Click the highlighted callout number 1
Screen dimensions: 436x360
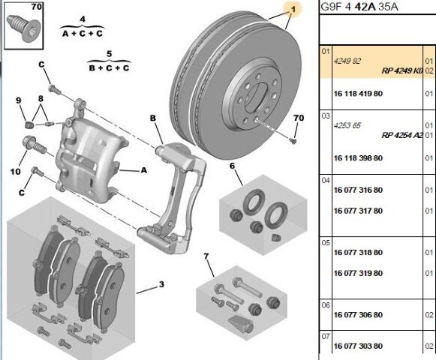[293, 10]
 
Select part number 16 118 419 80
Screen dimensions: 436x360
[358, 94]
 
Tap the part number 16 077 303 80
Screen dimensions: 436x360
[358, 346]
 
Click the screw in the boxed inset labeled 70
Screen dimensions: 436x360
[23, 28]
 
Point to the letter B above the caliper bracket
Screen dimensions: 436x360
[152, 118]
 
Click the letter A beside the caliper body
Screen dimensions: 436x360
[144, 169]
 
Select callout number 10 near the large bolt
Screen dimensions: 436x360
[16, 172]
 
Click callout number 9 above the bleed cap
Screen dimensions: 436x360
[18, 100]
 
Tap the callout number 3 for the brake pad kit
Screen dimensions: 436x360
[161, 284]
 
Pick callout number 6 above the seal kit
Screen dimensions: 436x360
[232, 166]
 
